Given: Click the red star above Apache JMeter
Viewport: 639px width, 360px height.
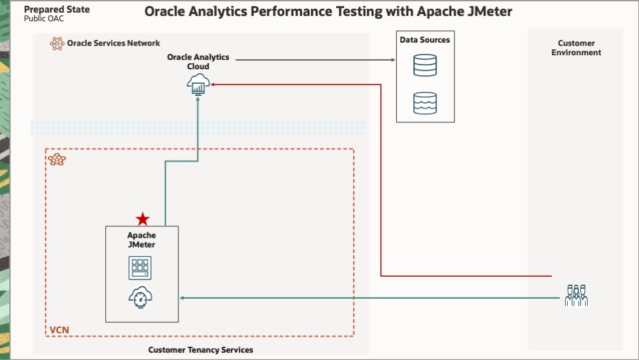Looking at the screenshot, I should pyautogui.click(x=142, y=219).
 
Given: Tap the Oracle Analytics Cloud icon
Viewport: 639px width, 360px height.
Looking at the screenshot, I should pyautogui.click(x=198, y=83).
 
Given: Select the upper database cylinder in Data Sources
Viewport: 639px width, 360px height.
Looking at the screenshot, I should pyautogui.click(x=425, y=65).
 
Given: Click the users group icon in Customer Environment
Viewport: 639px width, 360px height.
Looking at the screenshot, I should pyautogui.click(x=576, y=295).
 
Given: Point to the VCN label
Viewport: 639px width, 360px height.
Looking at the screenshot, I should pyautogui.click(x=59, y=330).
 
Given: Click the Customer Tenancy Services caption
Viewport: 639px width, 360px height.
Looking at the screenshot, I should pyautogui.click(x=200, y=349).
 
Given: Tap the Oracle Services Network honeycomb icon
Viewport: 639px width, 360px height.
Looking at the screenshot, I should pyautogui.click(x=57, y=43).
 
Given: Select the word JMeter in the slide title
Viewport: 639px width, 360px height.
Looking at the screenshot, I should pyautogui.click(x=489, y=12).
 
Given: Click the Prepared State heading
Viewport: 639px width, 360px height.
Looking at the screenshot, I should pyautogui.click(x=57, y=10).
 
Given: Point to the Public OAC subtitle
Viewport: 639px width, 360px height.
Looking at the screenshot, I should pyautogui.click(x=44, y=19).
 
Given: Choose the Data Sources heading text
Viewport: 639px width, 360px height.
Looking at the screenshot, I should pyautogui.click(x=425, y=40).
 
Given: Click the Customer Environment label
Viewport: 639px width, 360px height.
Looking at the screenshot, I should pyautogui.click(x=576, y=48).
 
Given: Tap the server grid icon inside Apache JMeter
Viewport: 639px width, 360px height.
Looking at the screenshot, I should pyautogui.click(x=140, y=268).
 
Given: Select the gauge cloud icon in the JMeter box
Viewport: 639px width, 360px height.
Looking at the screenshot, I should pyautogui.click(x=141, y=297).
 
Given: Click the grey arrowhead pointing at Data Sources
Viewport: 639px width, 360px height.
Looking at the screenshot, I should pyautogui.click(x=391, y=59).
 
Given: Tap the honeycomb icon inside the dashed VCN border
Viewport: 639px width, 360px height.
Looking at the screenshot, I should pyautogui.click(x=57, y=160).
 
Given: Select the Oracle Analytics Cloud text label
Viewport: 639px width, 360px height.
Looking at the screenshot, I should pyautogui.click(x=198, y=62).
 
